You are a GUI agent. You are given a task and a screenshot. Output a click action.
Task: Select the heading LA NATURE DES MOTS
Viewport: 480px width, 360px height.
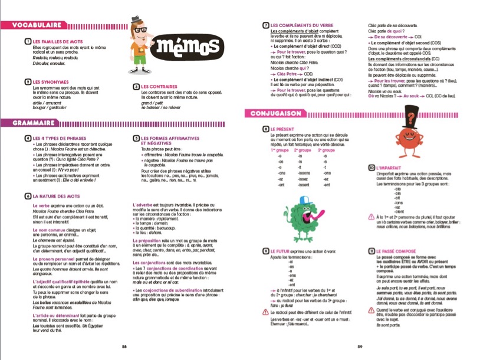tap(56, 195)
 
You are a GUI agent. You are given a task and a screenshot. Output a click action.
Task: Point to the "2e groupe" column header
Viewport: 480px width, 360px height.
tap(301, 150)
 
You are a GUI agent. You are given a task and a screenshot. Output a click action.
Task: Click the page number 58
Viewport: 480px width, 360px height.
tap(124, 346)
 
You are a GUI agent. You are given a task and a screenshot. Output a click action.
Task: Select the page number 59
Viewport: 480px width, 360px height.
tap(359, 346)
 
